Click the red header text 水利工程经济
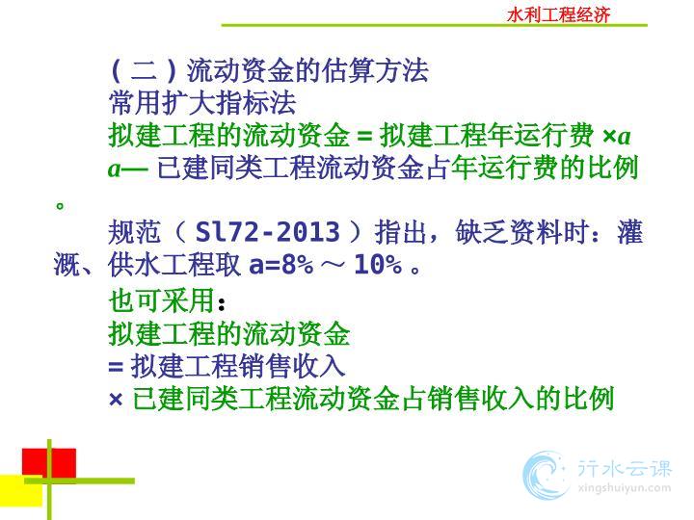[558, 15]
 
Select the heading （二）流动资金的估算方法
[270, 70]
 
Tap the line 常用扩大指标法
[202, 103]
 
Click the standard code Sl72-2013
[268, 231]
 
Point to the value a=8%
[281, 265]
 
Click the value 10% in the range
[378, 265]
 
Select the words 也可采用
[162, 300]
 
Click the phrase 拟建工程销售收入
[238, 366]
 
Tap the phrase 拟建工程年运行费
[487, 135]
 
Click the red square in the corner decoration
[49, 462]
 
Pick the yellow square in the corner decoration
[21, 490]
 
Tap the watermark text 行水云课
[625, 468]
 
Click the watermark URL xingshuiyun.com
[625, 488]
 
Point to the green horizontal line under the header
[434, 25]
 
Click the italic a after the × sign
[624, 137]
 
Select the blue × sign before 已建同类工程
[116, 400]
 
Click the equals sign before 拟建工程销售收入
[116, 367]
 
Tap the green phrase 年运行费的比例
[545, 168]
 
